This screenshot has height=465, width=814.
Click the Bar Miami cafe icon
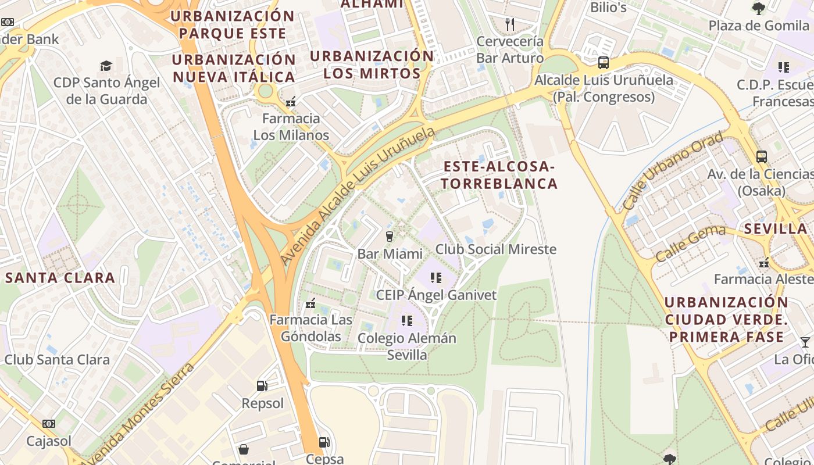pos(390,236)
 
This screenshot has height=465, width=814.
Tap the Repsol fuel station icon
pos(262,385)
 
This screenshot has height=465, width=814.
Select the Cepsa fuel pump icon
pos(324,442)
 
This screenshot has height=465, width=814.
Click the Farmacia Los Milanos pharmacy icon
pos(291,101)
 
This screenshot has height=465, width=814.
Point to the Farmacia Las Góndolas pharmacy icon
pos(310,303)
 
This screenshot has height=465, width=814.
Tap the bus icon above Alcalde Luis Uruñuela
pos(604,63)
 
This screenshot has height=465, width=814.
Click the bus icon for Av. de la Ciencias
pos(761,156)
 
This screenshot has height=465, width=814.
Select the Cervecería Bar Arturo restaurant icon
pos(510,24)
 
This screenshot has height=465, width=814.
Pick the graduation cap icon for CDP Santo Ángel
pos(106,65)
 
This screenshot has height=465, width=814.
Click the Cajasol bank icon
pos(49,424)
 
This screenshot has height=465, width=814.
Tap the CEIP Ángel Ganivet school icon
pos(436,278)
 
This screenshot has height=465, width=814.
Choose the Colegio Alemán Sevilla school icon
pos(407,320)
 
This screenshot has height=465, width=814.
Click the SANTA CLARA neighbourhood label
pos(60,278)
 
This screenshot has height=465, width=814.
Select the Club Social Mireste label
pos(496,249)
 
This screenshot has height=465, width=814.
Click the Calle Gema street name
pos(691,244)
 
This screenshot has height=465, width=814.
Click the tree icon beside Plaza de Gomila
pos(758,8)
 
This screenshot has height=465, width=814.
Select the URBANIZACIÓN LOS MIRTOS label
pos(372,65)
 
